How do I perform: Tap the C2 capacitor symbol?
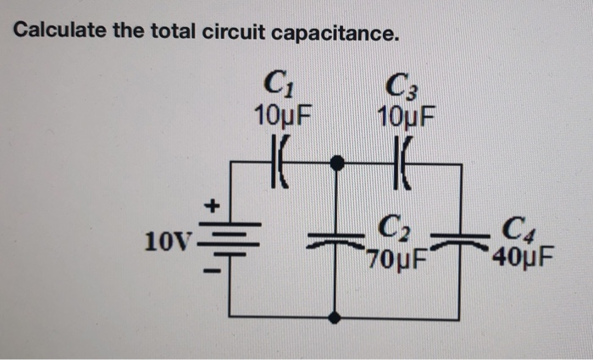(336, 238)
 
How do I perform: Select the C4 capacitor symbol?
(460, 238)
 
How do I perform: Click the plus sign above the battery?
(213, 204)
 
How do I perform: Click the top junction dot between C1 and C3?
(337, 162)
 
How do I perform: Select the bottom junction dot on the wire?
(336, 317)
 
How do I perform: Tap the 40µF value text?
(522, 254)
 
